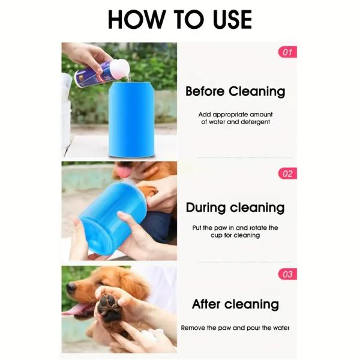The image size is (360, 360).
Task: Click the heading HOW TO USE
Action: (179, 19)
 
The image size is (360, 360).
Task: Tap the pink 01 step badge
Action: (287, 52)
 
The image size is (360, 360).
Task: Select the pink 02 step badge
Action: (287, 174)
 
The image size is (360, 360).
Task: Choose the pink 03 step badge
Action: (287, 274)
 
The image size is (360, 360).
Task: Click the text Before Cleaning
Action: (235, 92)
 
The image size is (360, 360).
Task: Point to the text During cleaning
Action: (235, 208)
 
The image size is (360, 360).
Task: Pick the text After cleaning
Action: (235, 304)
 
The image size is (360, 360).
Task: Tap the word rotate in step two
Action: (257, 228)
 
